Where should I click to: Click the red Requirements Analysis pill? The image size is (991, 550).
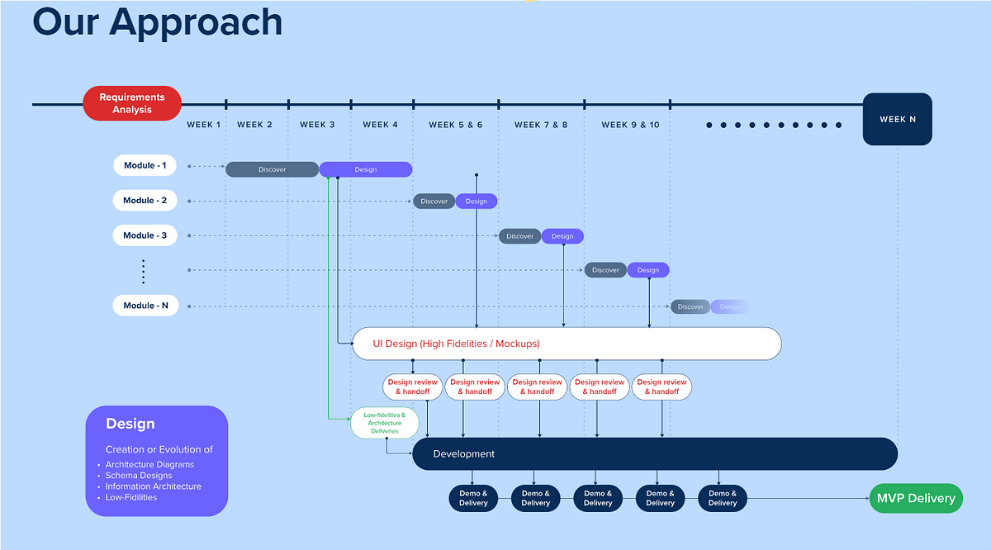tap(132, 103)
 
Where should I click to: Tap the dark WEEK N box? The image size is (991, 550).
tap(897, 119)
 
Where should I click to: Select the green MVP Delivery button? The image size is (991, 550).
tap(916, 498)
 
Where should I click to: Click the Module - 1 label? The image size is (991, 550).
tap(145, 166)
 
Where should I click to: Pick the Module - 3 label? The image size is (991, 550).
tap(145, 235)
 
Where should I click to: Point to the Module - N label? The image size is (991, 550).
tap(145, 306)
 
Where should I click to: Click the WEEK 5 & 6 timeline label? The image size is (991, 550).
tap(456, 125)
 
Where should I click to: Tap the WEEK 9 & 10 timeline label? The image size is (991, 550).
tap(630, 125)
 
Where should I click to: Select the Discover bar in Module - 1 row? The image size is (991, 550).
tap(272, 169)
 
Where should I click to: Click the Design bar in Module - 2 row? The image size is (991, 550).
tap(477, 202)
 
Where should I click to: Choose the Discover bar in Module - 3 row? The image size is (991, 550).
tap(520, 236)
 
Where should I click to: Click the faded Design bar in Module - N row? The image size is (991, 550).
tap(729, 307)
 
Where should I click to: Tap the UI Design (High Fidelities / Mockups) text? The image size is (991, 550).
tap(456, 344)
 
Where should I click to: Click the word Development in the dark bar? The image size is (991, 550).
tap(464, 454)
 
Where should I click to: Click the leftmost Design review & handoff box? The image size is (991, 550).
tap(413, 386)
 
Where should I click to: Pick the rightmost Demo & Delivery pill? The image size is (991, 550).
tap(723, 498)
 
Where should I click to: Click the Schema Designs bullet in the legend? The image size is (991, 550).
tap(139, 476)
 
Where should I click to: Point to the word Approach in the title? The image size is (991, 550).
tap(196, 22)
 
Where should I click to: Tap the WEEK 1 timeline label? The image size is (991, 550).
tap(204, 125)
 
